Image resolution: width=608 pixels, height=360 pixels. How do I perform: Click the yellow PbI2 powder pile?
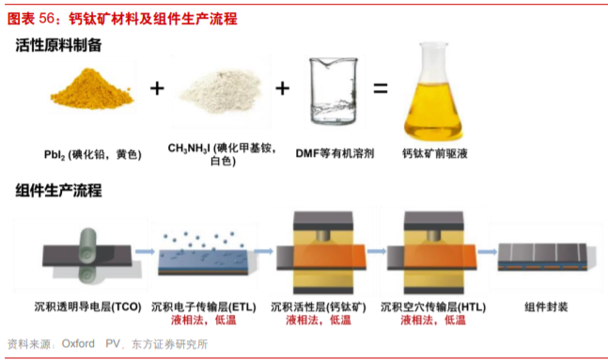pyautogui.click(x=92, y=89)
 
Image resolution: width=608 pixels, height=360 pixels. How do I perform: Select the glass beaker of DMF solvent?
pyautogui.click(x=334, y=91)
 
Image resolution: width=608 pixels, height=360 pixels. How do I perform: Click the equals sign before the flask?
pyautogui.click(x=381, y=88)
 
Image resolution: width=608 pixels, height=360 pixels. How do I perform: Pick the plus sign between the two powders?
pyautogui.click(x=157, y=88)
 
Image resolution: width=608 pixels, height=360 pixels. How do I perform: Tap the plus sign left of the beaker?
pyautogui.click(x=282, y=88)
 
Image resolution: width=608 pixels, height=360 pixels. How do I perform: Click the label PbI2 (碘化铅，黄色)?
pyautogui.click(x=93, y=154)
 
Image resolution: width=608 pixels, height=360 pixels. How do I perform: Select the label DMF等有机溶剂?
pyautogui.click(x=335, y=153)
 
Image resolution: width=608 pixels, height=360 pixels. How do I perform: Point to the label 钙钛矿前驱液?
pyautogui.click(x=435, y=153)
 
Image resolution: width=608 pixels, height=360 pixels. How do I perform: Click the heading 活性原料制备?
pyautogui.click(x=58, y=45)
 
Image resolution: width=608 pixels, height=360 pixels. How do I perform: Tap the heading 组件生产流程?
pyautogui.click(x=58, y=191)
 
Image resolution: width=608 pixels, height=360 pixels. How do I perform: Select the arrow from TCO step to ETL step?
pyautogui.click(x=145, y=252)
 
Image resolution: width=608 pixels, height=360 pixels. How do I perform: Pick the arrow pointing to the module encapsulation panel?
pyautogui.click(x=487, y=252)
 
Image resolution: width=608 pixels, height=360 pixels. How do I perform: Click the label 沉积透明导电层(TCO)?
pyautogui.click(x=88, y=306)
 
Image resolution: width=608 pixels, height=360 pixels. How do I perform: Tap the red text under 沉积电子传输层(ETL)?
pyautogui.click(x=203, y=320)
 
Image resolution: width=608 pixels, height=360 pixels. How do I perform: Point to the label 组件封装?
pyautogui.click(x=546, y=306)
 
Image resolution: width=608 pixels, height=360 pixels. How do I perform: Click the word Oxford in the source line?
pyautogui.click(x=78, y=344)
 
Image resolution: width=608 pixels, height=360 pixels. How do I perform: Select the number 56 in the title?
pyautogui.click(x=47, y=18)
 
